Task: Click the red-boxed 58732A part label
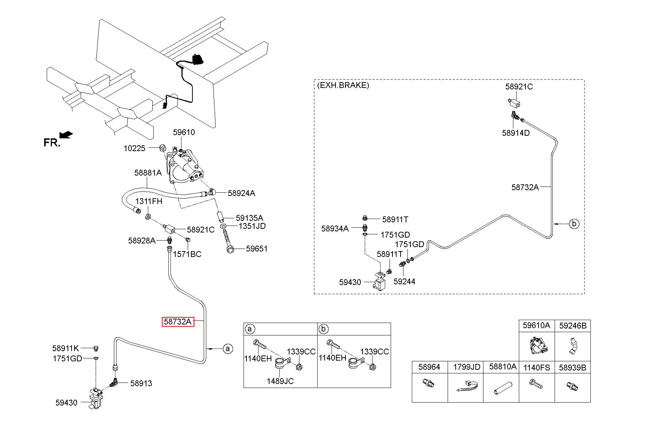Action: click(178, 322)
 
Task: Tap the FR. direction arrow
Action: click(66, 135)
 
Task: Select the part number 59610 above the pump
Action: click(184, 132)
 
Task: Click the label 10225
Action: click(134, 148)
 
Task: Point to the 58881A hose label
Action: click(148, 173)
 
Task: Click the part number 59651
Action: click(257, 249)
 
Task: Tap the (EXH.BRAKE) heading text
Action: click(343, 85)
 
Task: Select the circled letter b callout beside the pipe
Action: click(574, 223)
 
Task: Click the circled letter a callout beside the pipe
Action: click(227, 349)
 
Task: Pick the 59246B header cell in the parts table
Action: click(573, 326)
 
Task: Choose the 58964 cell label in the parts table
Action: click(429, 367)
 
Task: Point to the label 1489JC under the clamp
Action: click(280, 381)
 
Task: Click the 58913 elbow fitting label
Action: click(141, 383)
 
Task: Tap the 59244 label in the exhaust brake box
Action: click(404, 281)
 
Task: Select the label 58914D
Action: click(516, 133)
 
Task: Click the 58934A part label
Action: click(335, 228)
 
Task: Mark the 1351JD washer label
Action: click(252, 226)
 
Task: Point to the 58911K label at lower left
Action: click(66, 348)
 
